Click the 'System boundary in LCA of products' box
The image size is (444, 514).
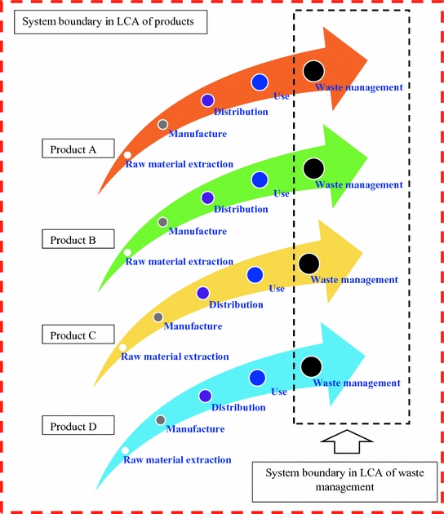tap(109, 22)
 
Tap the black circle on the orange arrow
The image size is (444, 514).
tap(313, 71)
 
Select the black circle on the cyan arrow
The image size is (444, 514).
tap(310, 366)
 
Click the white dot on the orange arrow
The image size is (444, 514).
tap(127, 154)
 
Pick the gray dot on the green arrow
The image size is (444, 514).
tap(162, 222)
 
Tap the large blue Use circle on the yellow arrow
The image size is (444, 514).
tap(255, 275)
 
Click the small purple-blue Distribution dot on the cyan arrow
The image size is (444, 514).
tap(205, 396)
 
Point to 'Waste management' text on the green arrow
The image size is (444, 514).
tap(358, 185)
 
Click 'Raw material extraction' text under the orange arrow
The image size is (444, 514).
tap(179, 165)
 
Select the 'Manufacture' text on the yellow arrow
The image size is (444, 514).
tap(193, 326)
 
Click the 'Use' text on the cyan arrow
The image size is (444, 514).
tap(279, 392)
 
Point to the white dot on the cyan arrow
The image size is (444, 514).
tap(125, 450)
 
